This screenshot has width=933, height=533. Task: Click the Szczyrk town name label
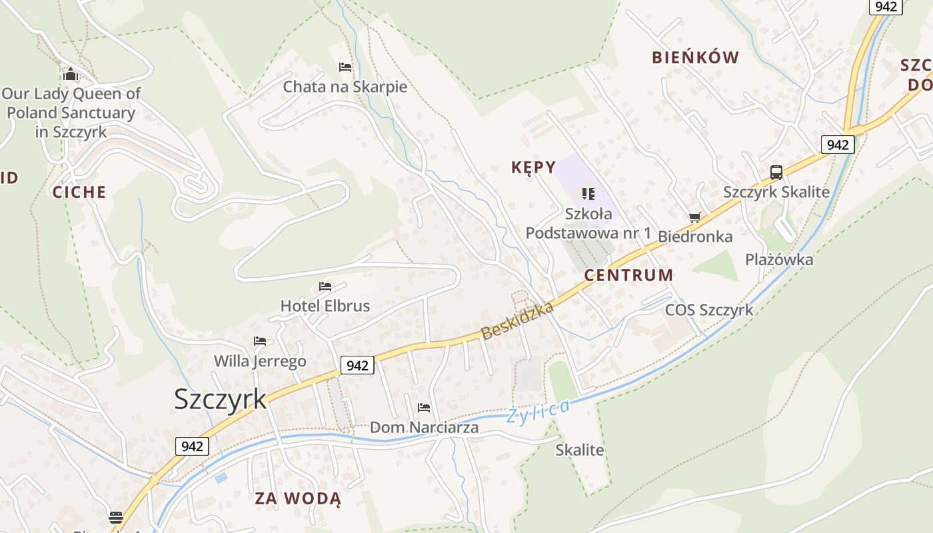[220, 399]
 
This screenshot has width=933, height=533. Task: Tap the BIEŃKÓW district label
[695, 57]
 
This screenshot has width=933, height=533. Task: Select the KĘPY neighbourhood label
[533, 167]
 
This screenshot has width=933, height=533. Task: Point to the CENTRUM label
[628, 275]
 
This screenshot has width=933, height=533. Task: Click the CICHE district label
[79, 193]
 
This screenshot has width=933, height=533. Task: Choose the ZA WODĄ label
[298, 498]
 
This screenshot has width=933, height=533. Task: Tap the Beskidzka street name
[517, 321]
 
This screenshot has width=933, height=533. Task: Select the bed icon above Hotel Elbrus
[325, 286]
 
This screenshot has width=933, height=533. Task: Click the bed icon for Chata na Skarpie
[345, 67]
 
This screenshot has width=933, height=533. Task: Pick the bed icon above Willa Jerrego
[260, 341]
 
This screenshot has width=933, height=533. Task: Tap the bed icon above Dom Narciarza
[424, 408]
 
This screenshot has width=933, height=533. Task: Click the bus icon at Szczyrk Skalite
[776, 173]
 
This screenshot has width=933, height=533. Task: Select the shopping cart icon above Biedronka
[695, 217]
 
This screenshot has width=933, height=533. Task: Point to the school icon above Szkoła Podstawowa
[588, 194]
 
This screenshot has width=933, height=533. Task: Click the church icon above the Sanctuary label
[71, 74]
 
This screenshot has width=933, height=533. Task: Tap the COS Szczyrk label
[709, 310]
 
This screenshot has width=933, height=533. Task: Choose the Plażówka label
[779, 260]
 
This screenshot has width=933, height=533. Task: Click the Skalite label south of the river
[580, 450]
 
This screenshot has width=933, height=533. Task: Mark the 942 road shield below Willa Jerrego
[357, 365]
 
